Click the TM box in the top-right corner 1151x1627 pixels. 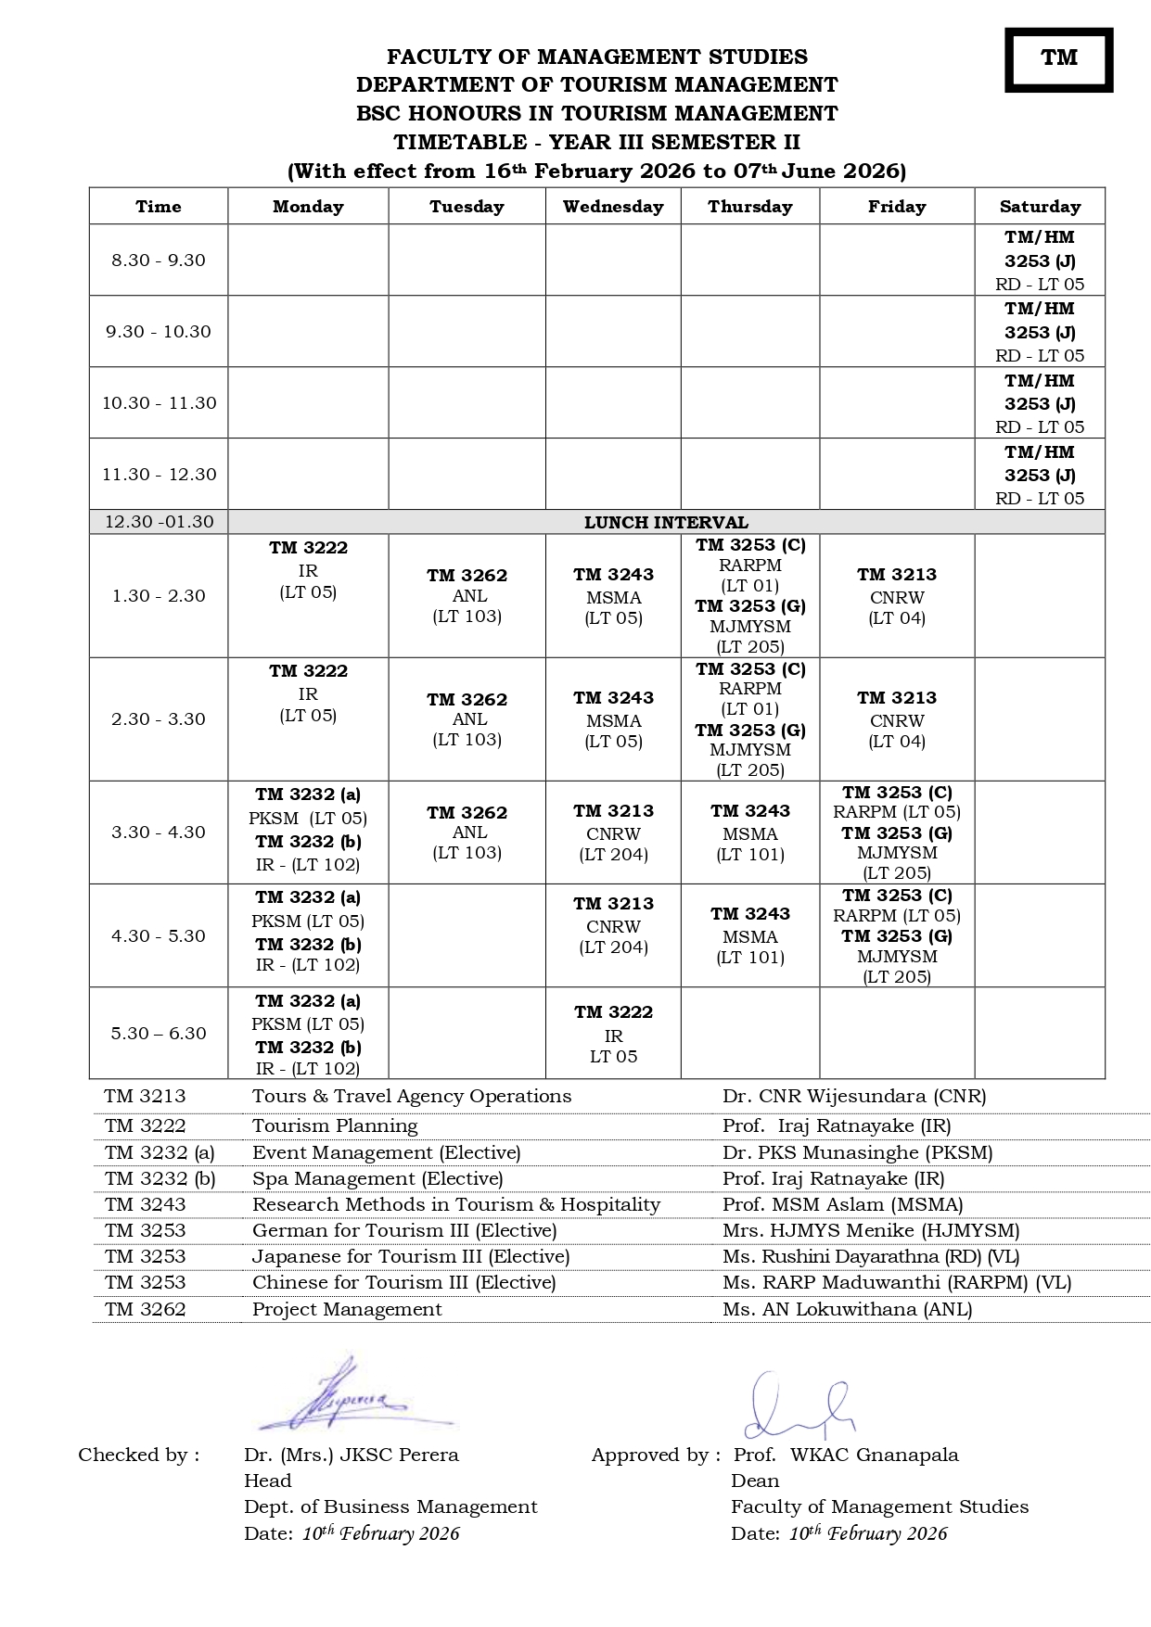tap(1058, 59)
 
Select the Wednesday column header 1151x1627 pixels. tap(613, 207)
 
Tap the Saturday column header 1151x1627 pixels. tap(1040, 207)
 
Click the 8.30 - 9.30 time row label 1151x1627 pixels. tap(159, 261)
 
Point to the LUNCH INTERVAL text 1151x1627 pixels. tap(666, 522)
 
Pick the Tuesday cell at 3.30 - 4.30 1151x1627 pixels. tap(467, 833)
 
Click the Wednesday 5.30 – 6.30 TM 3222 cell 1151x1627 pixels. tap(613, 1034)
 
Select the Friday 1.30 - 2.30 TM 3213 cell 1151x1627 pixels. tap(897, 596)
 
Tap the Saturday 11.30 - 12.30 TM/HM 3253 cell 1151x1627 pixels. tap(1040, 475)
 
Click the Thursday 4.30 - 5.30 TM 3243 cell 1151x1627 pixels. tap(750, 935)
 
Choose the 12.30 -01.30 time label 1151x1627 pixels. tap(159, 522)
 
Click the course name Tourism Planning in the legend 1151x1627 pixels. tap(335, 1125)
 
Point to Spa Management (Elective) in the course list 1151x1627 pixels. tap(377, 1178)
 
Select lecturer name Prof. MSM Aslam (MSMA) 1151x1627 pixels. tap(842, 1204)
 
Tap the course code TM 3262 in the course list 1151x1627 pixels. tap(146, 1309)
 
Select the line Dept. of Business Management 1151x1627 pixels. tap(390, 1506)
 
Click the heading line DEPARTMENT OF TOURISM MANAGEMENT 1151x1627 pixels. tap(596, 85)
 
